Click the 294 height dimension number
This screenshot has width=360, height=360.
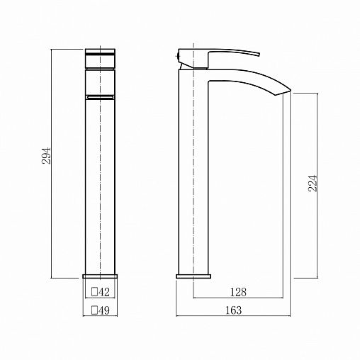[x=46, y=156]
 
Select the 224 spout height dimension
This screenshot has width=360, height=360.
[x=313, y=184]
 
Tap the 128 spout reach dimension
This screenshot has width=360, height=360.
[x=238, y=292]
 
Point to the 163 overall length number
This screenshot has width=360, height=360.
[x=234, y=310]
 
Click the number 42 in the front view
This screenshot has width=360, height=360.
[x=104, y=292]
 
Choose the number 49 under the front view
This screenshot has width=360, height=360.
[x=104, y=310]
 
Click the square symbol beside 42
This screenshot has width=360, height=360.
[x=95, y=292]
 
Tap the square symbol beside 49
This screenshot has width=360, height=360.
[x=95, y=310]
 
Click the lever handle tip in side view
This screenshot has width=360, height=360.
[x=259, y=55]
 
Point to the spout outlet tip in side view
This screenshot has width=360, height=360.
[x=290, y=90]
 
